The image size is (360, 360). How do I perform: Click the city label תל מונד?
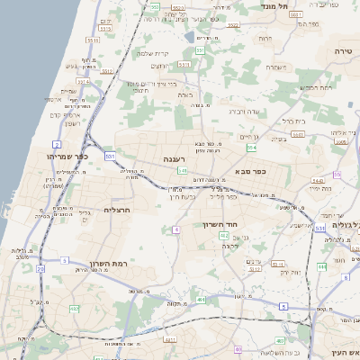pos(275,6)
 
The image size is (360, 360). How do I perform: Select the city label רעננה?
pos(175,158)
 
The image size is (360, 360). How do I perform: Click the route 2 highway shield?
pos(57,144)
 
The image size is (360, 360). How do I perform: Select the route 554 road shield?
pos(252,147)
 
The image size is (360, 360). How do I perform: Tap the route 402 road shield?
pos(223,235)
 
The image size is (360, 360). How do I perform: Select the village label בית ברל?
pos(294,119)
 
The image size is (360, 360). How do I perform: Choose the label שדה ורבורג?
pos(243,111)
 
